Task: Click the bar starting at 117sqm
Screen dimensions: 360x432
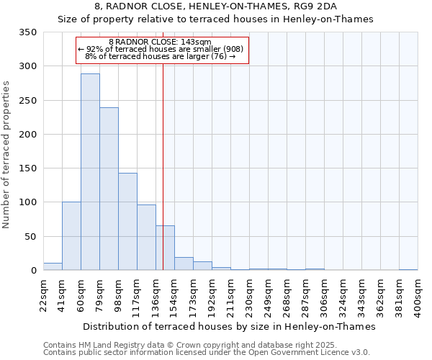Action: (x=146, y=238)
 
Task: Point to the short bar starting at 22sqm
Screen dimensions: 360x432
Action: (x=53, y=266)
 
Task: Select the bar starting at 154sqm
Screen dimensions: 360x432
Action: (x=184, y=264)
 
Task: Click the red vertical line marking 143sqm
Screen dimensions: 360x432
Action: (x=163, y=144)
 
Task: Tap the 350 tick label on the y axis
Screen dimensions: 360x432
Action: (x=28, y=32)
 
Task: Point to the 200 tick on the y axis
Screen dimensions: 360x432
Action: (x=28, y=135)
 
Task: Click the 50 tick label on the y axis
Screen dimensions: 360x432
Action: (x=31, y=237)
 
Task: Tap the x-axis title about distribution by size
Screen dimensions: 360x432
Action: (x=230, y=326)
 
